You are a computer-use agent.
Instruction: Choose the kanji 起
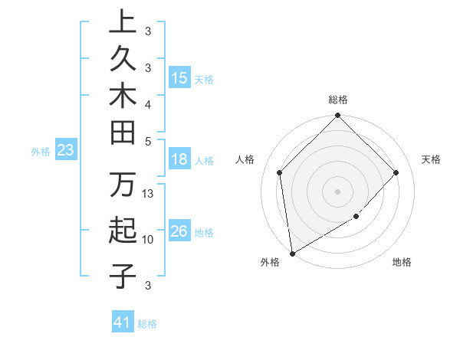[x=123, y=231]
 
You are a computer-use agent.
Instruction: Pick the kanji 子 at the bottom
[x=123, y=275]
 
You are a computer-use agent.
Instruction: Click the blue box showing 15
[x=179, y=77]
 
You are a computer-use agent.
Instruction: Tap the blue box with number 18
[x=179, y=160]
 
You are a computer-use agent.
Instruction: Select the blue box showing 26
[x=179, y=231]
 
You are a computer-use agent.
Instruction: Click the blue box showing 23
[x=66, y=150]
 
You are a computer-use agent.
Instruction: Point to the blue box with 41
[x=123, y=322]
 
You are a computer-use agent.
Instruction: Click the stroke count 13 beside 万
[x=149, y=194]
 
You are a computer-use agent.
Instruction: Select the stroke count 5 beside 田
[x=148, y=141]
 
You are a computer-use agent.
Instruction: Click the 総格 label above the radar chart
[x=337, y=100]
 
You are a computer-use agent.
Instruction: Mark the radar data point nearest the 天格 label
[x=396, y=173]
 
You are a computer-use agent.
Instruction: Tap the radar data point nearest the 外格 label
[x=292, y=253]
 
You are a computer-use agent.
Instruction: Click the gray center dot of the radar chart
[x=337, y=191]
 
